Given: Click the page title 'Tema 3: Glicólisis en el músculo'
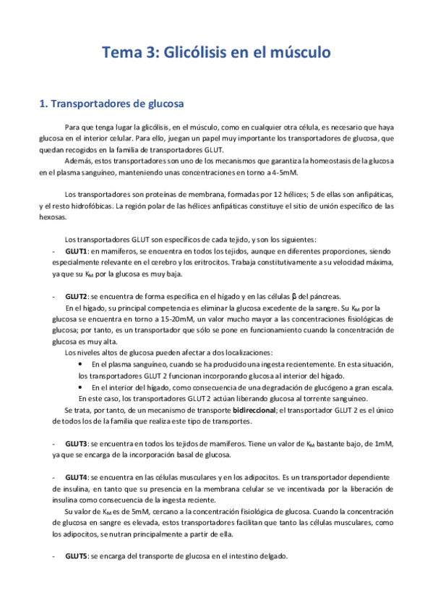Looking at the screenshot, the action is pyautogui.click(x=216, y=53).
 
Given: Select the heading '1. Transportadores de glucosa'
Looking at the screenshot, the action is pyautogui.click(x=111, y=104).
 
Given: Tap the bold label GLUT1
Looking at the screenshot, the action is pyautogui.click(x=76, y=251).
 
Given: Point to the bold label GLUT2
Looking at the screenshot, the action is pyautogui.click(x=76, y=297).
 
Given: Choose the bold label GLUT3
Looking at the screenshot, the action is pyautogui.click(x=76, y=442).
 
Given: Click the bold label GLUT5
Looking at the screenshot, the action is pyautogui.click(x=76, y=556).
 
